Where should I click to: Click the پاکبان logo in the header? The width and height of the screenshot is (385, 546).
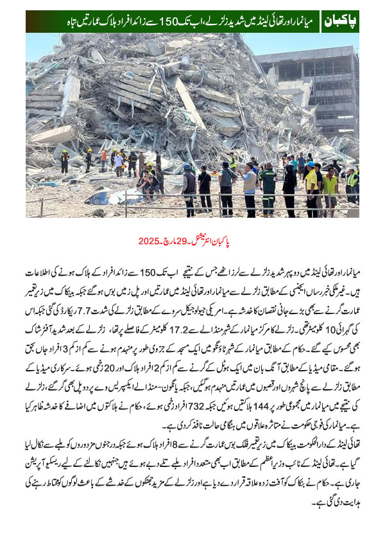[340, 21]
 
